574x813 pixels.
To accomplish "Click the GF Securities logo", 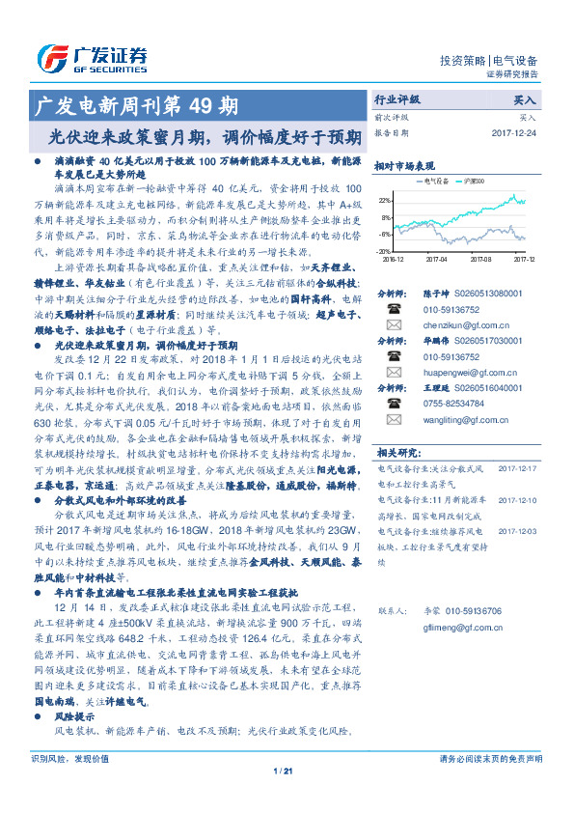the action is click(92, 57).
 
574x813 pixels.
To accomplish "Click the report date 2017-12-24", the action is click(512, 132).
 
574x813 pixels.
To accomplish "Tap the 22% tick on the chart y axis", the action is click(384, 201).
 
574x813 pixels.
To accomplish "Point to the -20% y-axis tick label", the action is click(384, 251).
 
